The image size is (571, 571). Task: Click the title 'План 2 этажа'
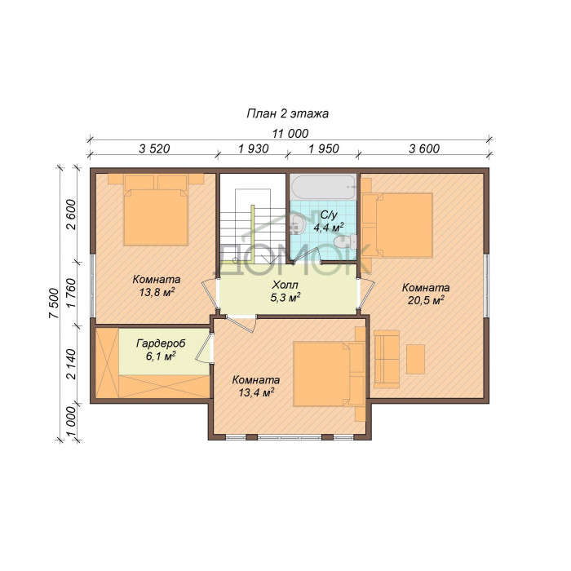coord(287,113)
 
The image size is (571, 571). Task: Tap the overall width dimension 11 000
coord(290,134)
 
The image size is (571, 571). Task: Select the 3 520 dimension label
coord(154,148)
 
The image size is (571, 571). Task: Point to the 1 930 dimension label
coord(254,148)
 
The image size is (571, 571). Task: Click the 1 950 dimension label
coord(324,148)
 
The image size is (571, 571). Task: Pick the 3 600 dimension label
coord(424,148)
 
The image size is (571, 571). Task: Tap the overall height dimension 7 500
coord(54,303)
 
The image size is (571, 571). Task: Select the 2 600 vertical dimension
coord(71,215)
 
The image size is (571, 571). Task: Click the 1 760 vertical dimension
coord(71,293)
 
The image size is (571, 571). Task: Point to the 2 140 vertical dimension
coord(71,364)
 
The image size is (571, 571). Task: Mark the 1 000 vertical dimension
coord(71,422)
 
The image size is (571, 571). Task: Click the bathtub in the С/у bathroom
coord(323,187)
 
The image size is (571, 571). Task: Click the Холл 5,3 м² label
coord(285,291)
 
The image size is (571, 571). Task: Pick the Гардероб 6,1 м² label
coord(161,350)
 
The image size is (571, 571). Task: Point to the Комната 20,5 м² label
coord(425,294)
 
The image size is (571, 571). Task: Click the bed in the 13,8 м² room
coord(156,210)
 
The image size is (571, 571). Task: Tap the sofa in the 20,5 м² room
coord(386,359)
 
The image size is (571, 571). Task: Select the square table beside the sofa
coord(415,359)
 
